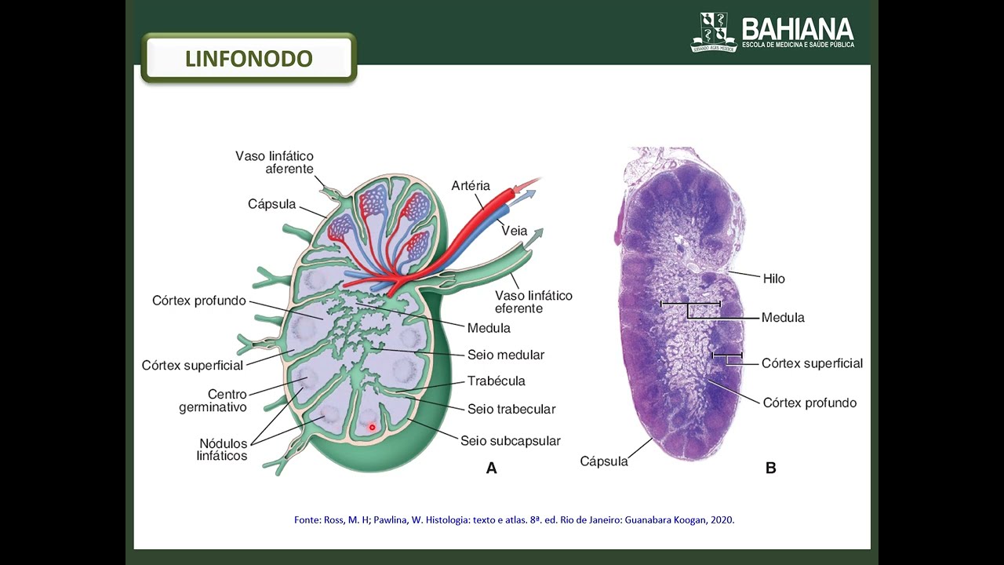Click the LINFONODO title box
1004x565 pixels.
click(x=249, y=58)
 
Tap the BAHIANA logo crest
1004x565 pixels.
click(x=713, y=32)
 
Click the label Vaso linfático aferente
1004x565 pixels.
click(x=275, y=162)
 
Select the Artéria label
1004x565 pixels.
click(x=471, y=186)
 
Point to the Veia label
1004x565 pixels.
click(x=515, y=231)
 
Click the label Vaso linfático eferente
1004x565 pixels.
click(x=533, y=302)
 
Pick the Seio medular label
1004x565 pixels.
click(x=506, y=355)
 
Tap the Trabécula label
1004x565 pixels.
click(x=496, y=381)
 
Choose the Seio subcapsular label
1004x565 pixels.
click(x=511, y=441)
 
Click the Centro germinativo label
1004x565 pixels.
click(x=213, y=401)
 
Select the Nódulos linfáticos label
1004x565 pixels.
click(x=222, y=450)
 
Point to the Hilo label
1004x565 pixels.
click(x=773, y=279)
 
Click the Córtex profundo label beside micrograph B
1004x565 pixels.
click(x=809, y=403)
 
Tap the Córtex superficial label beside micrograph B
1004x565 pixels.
click(x=812, y=363)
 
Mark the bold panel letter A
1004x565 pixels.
click(x=492, y=468)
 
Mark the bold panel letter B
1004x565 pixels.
click(x=770, y=468)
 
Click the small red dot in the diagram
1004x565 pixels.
click(x=373, y=428)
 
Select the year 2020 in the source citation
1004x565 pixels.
click(x=720, y=519)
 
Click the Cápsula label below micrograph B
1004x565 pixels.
click(x=604, y=461)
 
